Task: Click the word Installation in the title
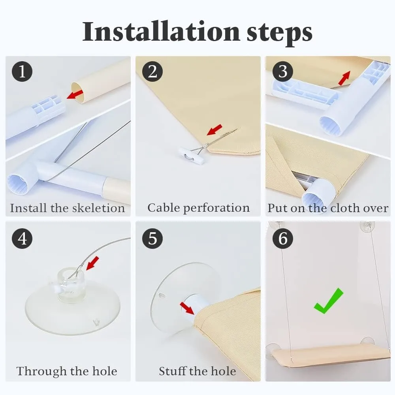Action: (161, 32)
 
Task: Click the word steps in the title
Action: (279, 34)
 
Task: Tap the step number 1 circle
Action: (22, 71)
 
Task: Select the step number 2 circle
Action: (152, 71)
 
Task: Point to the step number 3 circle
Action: (283, 71)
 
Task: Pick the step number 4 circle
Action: (22, 238)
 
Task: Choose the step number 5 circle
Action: (152, 238)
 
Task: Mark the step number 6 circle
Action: (283, 238)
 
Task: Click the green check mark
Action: (328, 301)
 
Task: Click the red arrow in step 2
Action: (214, 130)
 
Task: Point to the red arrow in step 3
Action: (344, 78)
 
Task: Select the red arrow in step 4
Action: (92, 263)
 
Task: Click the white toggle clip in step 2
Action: (191, 156)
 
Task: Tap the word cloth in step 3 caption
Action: (345, 208)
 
